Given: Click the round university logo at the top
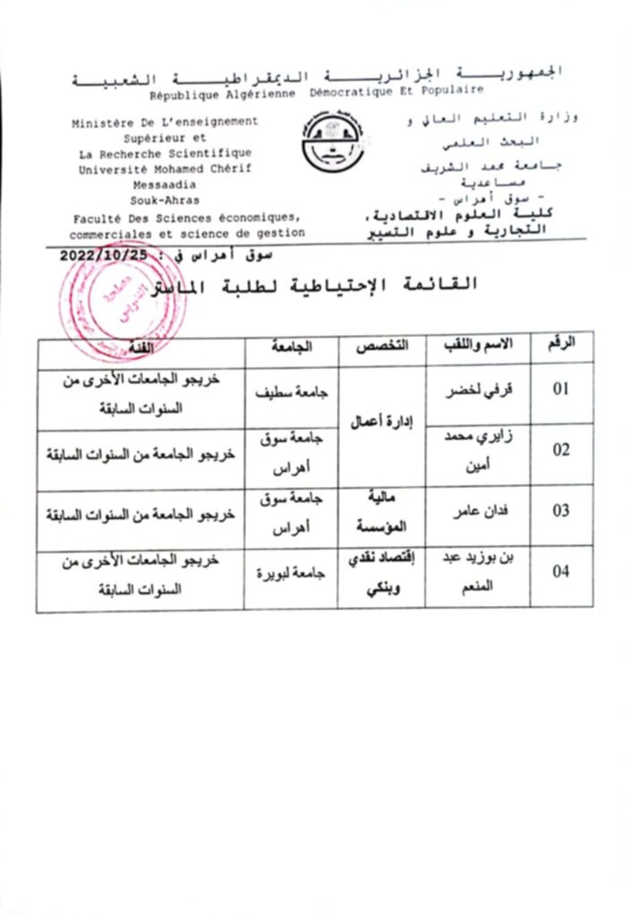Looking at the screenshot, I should (x=332, y=143).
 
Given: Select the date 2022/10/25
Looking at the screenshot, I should (x=97, y=256).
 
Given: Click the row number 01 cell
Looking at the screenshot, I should (x=560, y=390).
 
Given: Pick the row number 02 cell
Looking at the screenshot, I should (x=560, y=450).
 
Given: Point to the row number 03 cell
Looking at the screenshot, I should (x=560, y=513).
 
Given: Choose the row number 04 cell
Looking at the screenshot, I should (x=560, y=573).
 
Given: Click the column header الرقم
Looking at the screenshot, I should (x=560, y=344).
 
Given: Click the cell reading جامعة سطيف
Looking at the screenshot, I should (x=292, y=390).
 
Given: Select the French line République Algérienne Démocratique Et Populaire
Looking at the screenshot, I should (x=317, y=91).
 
